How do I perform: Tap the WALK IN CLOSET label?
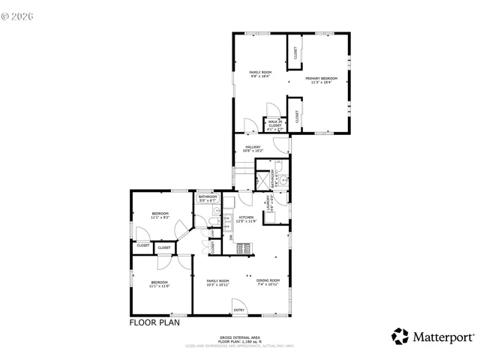pos(275,124)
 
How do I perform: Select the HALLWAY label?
pos(252,148)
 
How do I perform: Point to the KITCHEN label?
pos(246,219)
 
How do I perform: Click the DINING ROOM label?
pos(268,282)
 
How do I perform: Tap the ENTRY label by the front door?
pos(238,310)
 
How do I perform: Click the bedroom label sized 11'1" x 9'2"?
pos(160,215)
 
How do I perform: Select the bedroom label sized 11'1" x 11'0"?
pos(160,283)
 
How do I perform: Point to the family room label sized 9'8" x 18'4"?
pos(259,73)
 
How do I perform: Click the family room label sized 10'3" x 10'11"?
pos(217,282)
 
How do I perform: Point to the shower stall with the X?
pos(263,179)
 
